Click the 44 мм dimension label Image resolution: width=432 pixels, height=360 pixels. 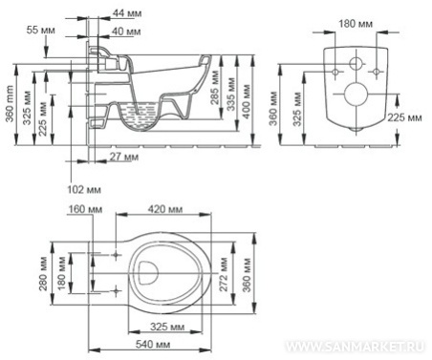(127, 13)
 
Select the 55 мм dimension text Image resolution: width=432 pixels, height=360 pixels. (40, 31)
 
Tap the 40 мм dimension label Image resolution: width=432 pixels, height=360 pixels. (126, 32)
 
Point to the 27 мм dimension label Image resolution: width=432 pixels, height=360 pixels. (124, 157)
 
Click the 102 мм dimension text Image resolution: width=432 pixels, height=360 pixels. (84, 190)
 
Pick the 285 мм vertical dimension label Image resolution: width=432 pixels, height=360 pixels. (215, 88)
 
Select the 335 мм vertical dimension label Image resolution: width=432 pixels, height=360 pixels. (231, 94)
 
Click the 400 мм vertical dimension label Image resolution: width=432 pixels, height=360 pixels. (247, 101)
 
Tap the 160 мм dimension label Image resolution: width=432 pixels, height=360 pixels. (85, 209)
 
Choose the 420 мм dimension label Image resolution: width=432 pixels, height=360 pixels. (165, 209)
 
